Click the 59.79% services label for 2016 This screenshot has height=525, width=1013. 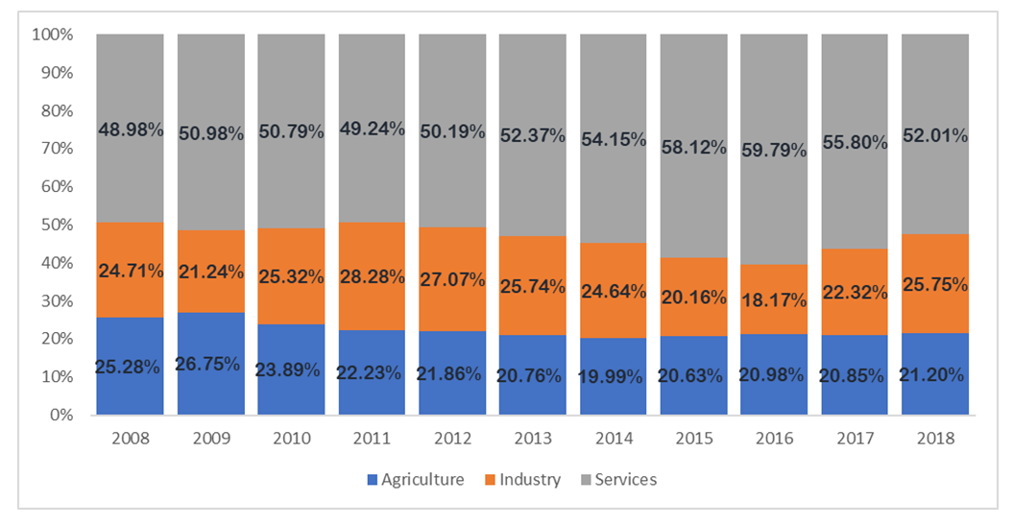[774, 150]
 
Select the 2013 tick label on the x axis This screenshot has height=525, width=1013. [533, 439]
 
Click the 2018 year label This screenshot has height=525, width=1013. [935, 439]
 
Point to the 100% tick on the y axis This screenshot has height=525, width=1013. [53, 36]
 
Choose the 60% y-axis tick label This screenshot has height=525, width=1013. [56, 187]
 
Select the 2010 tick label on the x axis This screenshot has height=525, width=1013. [291, 439]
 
